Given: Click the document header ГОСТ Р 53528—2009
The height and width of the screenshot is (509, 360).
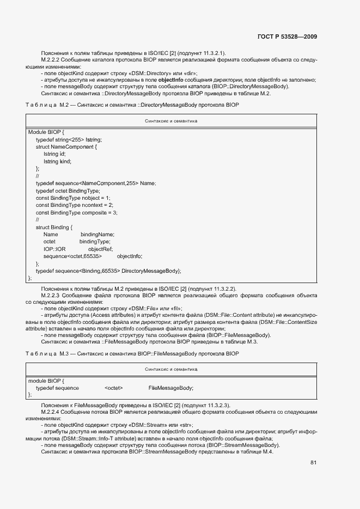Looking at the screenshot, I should tap(287, 37).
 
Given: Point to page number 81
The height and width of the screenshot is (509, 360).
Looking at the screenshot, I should tap(313, 463).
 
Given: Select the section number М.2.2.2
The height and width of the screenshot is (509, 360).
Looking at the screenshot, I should tap(51, 59).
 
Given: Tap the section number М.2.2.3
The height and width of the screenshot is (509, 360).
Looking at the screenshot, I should tap(51, 295).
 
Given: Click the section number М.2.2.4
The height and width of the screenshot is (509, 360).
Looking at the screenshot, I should tap(51, 412).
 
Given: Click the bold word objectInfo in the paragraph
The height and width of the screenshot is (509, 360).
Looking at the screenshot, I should tap(174, 79).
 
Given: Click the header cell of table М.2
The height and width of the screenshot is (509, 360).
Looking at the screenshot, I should tap(171, 121).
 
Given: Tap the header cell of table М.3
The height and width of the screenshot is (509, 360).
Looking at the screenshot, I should tap(171, 369).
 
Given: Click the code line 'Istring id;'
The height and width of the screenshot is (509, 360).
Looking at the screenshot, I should tap(54, 154).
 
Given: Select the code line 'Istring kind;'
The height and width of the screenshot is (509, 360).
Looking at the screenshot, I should tap(57, 161).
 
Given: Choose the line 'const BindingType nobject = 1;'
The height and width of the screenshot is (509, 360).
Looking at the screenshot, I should tap(73, 198).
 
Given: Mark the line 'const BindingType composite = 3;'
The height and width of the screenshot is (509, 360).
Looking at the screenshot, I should tap(77, 212).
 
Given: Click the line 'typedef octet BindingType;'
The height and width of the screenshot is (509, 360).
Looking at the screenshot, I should tap(68, 191).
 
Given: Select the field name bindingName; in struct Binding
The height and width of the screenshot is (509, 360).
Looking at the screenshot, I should tap(97, 234).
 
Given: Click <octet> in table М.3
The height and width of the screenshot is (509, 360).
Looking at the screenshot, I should tap(113, 388).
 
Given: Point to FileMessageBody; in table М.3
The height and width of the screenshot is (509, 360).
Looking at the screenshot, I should tap(170, 388).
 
